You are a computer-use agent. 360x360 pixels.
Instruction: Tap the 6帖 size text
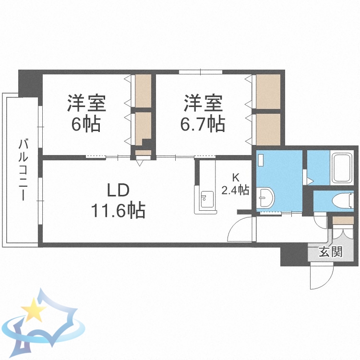86,124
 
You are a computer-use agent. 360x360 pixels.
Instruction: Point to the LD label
118,191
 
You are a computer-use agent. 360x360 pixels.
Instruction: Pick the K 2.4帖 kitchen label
235,184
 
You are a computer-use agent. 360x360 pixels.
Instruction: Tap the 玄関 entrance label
331,252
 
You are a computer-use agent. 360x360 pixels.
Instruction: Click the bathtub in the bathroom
342,168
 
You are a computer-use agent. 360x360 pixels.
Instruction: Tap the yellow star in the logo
34,310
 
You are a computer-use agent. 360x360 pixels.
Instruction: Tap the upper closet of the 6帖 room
143,91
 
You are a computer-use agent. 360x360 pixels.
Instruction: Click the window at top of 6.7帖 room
201,72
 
